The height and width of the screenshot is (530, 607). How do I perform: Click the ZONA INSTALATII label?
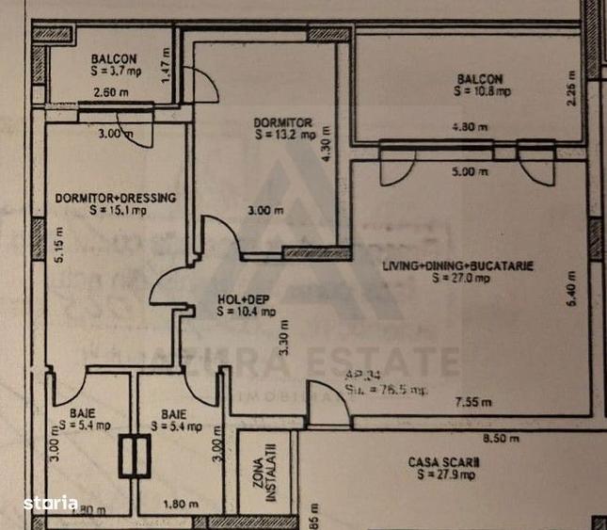point(258,479)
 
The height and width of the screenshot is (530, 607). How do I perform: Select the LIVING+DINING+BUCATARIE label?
point(457,266)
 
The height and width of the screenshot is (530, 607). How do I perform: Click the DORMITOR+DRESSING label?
point(114,199)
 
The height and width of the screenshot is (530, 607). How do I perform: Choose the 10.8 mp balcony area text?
point(481,92)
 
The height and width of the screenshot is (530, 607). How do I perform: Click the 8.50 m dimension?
point(500,438)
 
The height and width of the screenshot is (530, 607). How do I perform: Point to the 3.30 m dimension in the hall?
point(280,338)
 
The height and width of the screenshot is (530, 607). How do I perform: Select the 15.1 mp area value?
point(120,211)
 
